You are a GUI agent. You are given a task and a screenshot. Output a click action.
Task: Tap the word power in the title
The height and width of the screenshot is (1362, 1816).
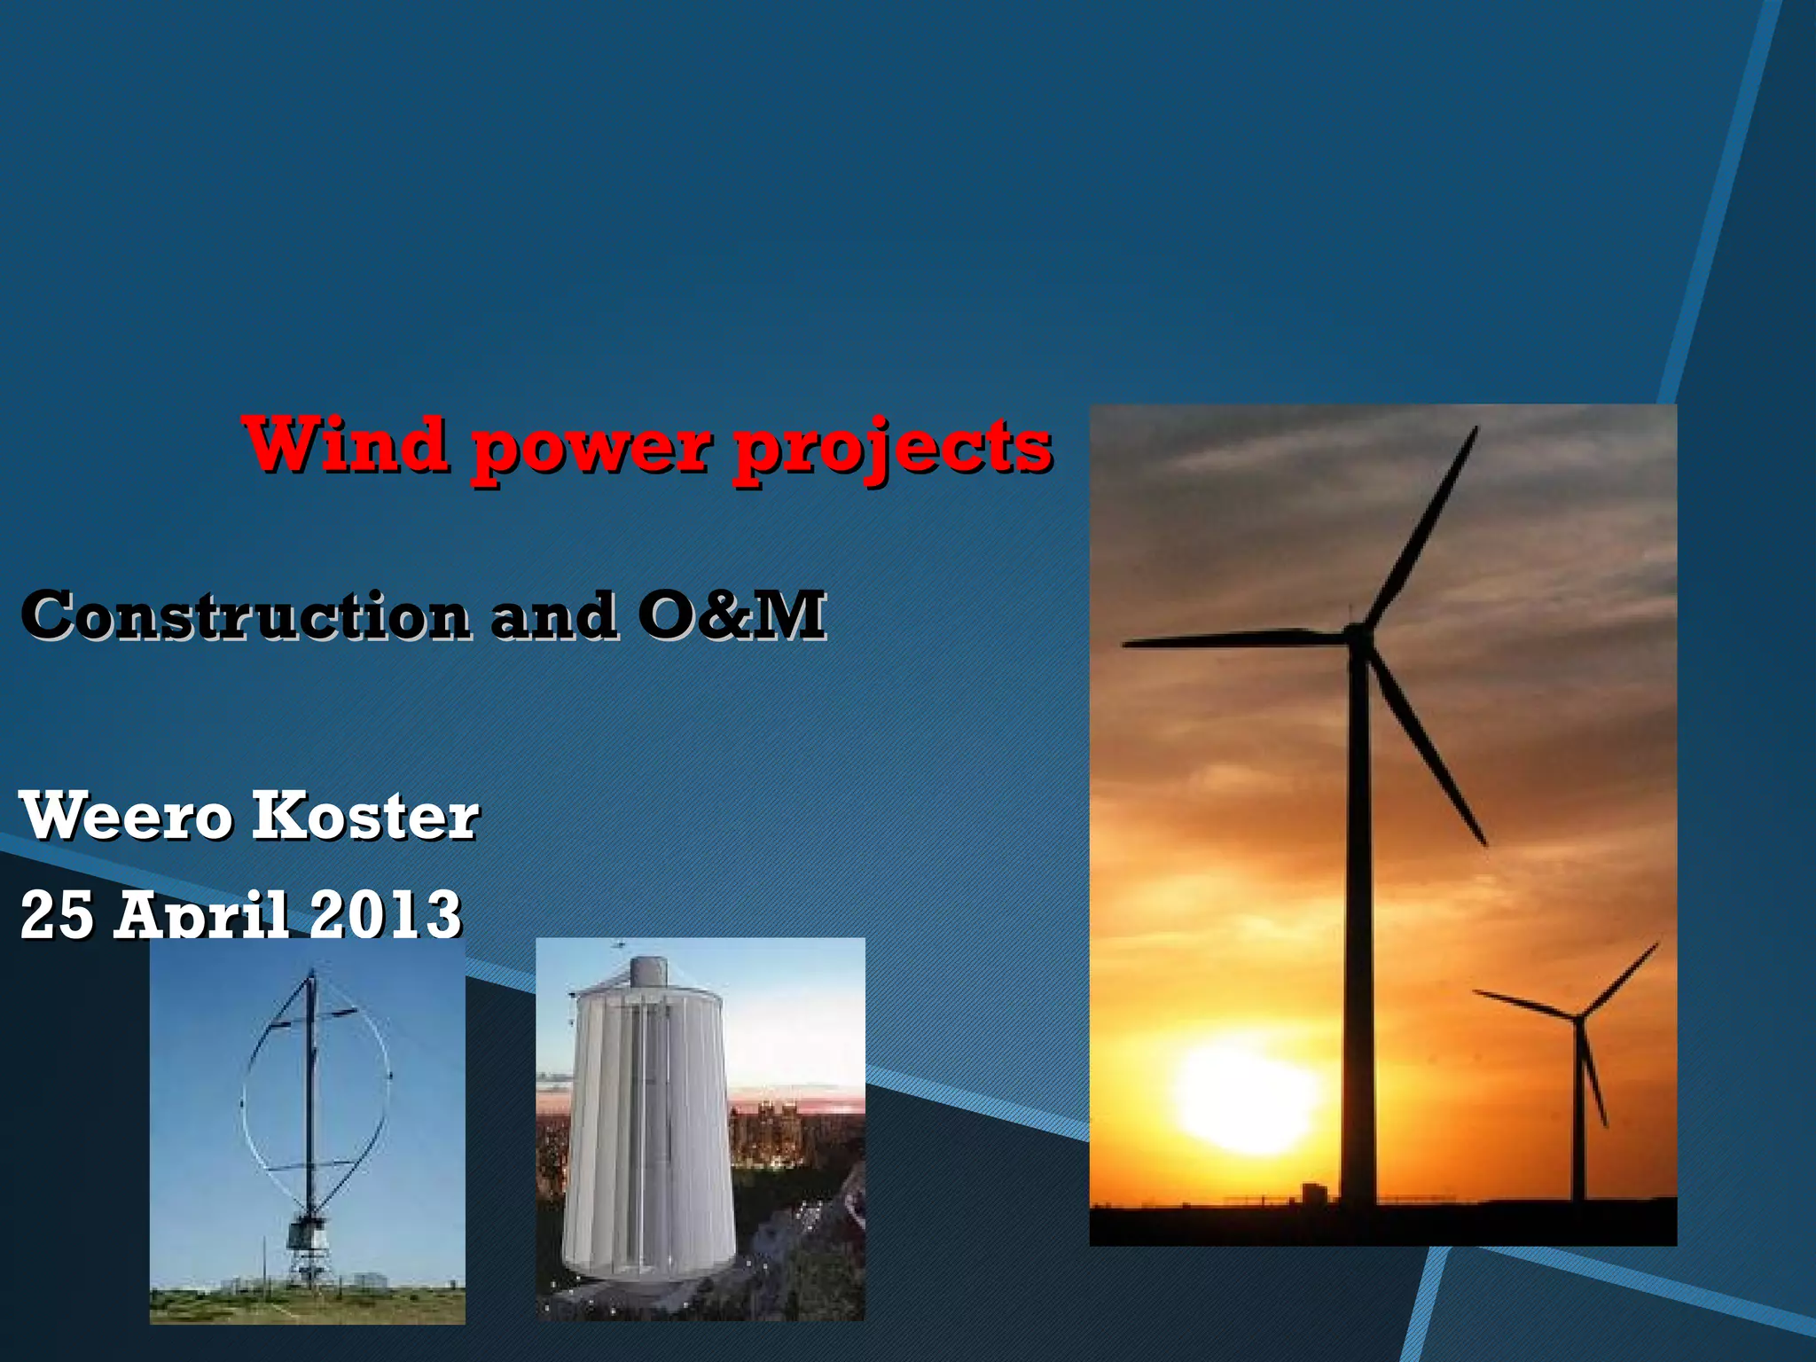[591, 450]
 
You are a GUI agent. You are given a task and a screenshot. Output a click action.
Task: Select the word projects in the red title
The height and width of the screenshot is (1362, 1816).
[891, 451]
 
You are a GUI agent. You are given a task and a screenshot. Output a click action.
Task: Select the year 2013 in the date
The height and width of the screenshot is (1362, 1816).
[386, 915]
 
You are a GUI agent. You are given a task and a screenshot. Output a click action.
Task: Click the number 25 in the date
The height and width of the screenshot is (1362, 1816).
[57, 915]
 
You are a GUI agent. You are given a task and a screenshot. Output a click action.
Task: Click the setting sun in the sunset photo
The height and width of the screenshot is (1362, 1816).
[1246, 1100]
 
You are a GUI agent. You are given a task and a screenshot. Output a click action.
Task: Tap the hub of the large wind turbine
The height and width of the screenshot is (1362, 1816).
[1356, 635]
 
